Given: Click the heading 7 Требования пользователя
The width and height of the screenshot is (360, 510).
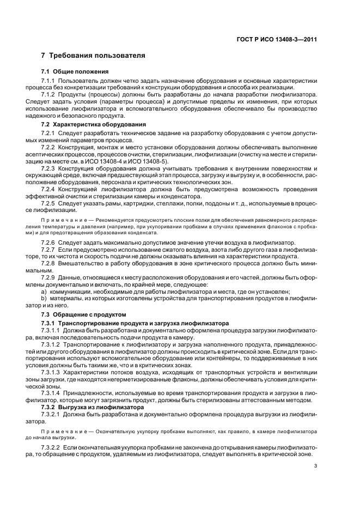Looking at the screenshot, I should click(93, 56).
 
